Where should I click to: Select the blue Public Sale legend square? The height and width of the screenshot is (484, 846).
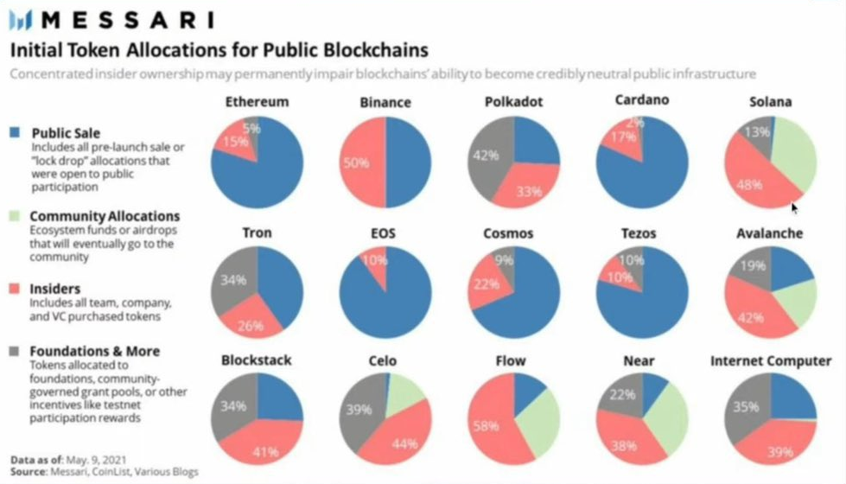coord(16,134)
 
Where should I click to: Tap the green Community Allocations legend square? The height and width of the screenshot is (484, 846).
coord(16,216)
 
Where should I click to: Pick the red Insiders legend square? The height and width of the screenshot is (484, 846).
coord(16,289)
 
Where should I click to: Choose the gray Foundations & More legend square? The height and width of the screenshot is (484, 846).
coord(16,351)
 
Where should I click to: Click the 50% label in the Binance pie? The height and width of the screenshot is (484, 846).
coord(355,162)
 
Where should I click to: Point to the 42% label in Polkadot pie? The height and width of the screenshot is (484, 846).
coord(480,156)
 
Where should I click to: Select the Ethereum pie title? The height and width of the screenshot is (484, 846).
coord(257,102)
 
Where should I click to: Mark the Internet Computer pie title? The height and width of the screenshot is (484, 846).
coord(770,360)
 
